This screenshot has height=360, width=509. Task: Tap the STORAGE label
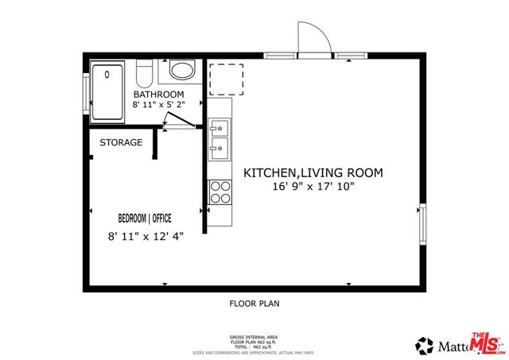pyautogui.click(x=121, y=143)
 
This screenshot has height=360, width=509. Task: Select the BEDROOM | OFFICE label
pyautogui.click(x=145, y=218)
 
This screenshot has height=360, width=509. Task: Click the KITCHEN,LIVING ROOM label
pyautogui.click(x=313, y=172)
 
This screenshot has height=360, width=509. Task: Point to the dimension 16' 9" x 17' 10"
pyautogui.click(x=313, y=187)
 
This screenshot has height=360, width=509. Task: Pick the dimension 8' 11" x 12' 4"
pyautogui.click(x=145, y=236)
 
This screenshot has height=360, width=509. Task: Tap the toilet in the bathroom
pyautogui.click(x=144, y=73)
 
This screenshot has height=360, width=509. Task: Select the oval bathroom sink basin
pyautogui.click(x=183, y=71)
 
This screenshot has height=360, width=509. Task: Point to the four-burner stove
pyautogui.click(x=220, y=192)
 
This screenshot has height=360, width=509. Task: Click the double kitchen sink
pyautogui.click(x=220, y=137)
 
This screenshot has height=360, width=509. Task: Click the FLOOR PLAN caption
pyautogui.click(x=254, y=304)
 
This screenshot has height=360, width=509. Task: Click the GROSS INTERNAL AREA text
pyautogui.click(x=254, y=338)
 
